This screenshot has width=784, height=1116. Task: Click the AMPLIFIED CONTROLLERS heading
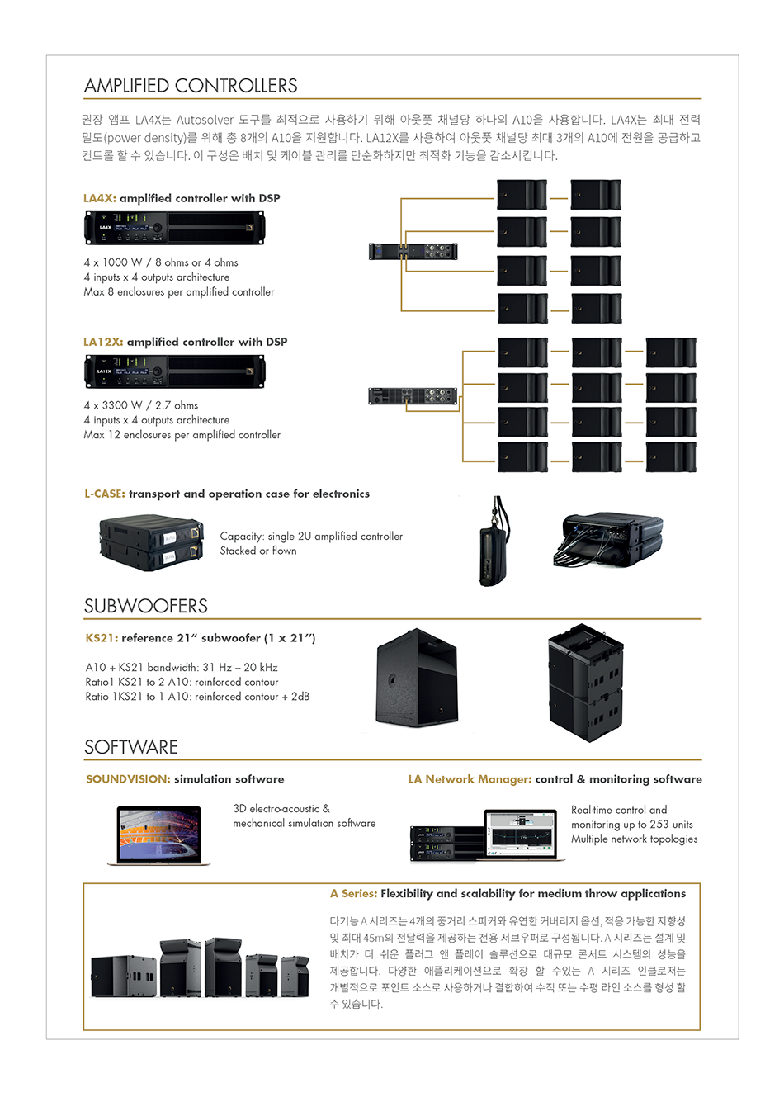pyautogui.click(x=191, y=86)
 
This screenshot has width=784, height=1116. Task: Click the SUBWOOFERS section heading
pyautogui.click(x=146, y=606)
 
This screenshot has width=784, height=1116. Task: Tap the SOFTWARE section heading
pyautogui.click(x=131, y=747)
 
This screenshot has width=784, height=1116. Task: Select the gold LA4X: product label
pyautogui.click(x=100, y=198)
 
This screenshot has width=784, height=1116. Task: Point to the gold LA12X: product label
pyautogui.click(x=103, y=342)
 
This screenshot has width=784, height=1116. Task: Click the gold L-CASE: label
pyautogui.click(x=105, y=494)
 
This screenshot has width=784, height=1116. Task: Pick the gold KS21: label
pyautogui.click(x=102, y=638)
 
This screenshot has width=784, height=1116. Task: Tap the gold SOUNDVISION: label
pyautogui.click(x=128, y=779)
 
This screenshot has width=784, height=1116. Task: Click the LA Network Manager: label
pyautogui.click(x=470, y=779)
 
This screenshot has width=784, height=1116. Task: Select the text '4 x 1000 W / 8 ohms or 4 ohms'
pyautogui.click(x=161, y=262)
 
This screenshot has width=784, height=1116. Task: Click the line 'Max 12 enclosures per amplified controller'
pyautogui.click(x=182, y=435)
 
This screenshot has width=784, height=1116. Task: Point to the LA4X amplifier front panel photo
pyautogui.click(x=174, y=228)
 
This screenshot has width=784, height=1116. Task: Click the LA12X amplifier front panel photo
pyautogui.click(x=174, y=371)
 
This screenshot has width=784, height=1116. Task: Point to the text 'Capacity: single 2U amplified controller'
pyautogui.click(x=311, y=537)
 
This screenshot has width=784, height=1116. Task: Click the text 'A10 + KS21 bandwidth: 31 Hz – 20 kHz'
pyautogui.click(x=182, y=668)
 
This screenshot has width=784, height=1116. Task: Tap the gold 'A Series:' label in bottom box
pyautogui.click(x=353, y=894)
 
